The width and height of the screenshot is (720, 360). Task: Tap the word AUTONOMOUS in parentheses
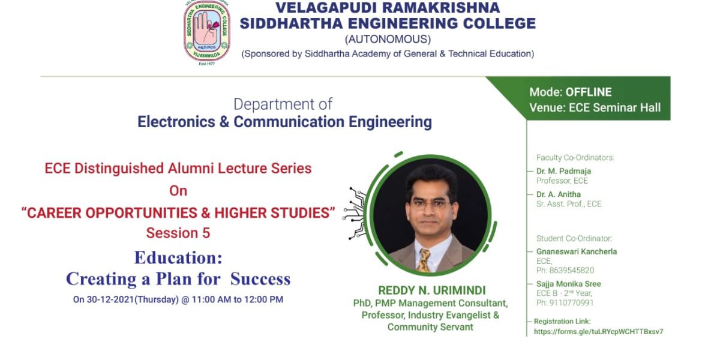(x=388, y=39)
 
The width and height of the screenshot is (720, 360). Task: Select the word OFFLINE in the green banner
(x=588, y=92)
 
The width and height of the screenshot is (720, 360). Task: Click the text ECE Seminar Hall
(x=614, y=107)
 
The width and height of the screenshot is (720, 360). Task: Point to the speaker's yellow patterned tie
(x=424, y=260)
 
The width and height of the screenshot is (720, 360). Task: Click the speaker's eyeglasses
(x=430, y=204)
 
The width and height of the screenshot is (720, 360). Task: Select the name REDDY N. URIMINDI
(x=431, y=290)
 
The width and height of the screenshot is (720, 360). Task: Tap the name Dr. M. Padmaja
(x=563, y=171)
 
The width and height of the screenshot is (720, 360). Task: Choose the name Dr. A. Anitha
(x=559, y=194)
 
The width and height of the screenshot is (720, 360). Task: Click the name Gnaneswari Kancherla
(x=577, y=251)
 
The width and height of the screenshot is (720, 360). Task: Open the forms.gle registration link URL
(x=598, y=331)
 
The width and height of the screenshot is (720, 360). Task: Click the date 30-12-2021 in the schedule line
(x=110, y=299)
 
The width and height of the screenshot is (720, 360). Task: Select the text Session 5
(x=178, y=233)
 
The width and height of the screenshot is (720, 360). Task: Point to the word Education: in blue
(x=178, y=257)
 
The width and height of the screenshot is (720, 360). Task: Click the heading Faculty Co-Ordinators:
(x=575, y=157)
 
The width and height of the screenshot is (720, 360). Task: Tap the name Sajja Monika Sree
(x=568, y=284)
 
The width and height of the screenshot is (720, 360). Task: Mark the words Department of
(x=283, y=104)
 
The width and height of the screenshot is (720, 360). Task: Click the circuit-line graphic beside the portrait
(x=355, y=213)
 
